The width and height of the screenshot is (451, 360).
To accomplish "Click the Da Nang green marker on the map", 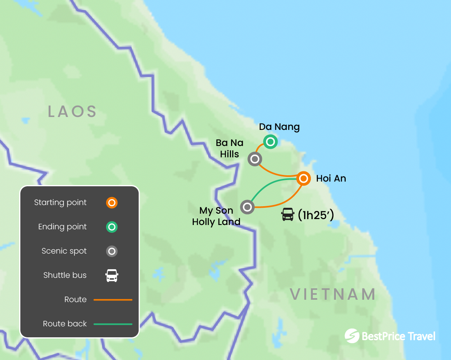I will tap(270, 141).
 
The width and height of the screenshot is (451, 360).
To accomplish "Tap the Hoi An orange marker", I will tap(303, 178).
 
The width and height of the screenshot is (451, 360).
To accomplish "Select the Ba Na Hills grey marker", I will tap(255, 159).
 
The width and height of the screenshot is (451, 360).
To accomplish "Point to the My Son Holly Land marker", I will tap(247, 207).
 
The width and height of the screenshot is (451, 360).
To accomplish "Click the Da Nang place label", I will tap(279, 127).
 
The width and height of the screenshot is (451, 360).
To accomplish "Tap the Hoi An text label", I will tap(331, 179).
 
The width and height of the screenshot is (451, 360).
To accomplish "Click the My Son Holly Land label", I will tap(216, 216).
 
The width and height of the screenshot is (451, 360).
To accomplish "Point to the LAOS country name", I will tap(72, 112).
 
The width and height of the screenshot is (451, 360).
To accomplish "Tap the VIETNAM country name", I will tap(333, 294).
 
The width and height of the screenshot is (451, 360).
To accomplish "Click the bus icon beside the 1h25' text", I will tap(288, 214).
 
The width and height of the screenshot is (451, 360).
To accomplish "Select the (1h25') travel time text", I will tap(316, 215).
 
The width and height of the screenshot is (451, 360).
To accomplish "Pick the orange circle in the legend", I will tap(112, 203).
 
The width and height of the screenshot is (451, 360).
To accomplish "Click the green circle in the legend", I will tap(112, 227).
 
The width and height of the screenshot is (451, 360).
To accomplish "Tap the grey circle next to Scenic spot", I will tap(112, 251).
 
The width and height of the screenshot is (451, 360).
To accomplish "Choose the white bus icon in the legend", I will tap(112, 275).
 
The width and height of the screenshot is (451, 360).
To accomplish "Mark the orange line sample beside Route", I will tap(113, 300).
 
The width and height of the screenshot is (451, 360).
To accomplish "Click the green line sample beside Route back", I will tap(113, 324).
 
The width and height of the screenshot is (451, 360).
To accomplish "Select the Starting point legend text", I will tap(60, 203).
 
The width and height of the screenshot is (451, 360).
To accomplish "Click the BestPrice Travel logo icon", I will tap(352, 336).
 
